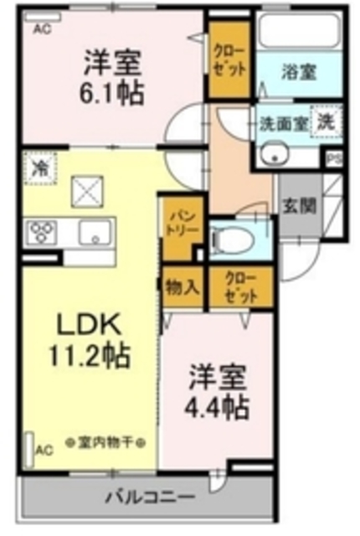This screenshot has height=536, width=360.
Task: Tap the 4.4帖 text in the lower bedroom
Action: (x=217, y=408)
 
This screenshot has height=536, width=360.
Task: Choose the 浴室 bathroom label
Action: (x=300, y=72)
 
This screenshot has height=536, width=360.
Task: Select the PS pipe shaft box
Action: (x=333, y=157)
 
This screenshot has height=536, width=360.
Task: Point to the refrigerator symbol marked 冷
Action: (x=39, y=167)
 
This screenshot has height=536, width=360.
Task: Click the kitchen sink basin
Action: (x=95, y=233)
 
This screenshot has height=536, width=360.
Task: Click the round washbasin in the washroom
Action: (x=274, y=154)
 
